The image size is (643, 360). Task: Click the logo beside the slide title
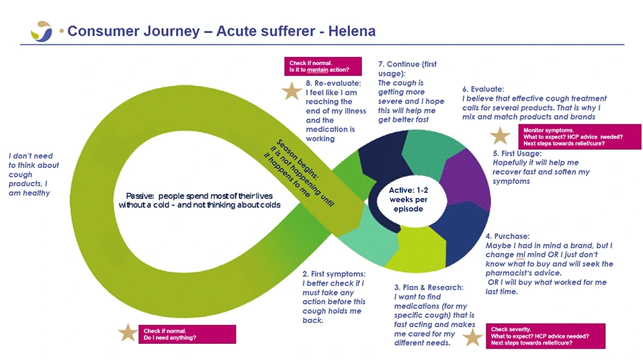(42, 31)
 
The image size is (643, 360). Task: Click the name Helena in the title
(352, 31)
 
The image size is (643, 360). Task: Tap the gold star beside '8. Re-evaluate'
(292, 91)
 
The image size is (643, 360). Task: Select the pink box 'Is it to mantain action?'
(323, 66)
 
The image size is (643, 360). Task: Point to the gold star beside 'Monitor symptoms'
(501, 136)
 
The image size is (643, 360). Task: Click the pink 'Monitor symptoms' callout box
(580, 136)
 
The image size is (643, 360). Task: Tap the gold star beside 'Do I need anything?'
(128, 332)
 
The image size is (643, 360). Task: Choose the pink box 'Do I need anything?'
(187, 334)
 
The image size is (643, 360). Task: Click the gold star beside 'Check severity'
(473, 338)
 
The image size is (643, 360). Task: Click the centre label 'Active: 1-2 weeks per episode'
(409, 199)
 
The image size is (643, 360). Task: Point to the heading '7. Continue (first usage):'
(408, 69)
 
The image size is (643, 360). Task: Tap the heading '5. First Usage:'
(517, 153)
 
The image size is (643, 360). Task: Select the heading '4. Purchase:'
(508, 236)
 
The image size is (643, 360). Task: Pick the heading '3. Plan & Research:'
(429, 287)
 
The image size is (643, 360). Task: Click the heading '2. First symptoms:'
(334, 274)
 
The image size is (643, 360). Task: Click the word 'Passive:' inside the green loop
(140, 196)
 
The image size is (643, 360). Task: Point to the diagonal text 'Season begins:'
(297, 159)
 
